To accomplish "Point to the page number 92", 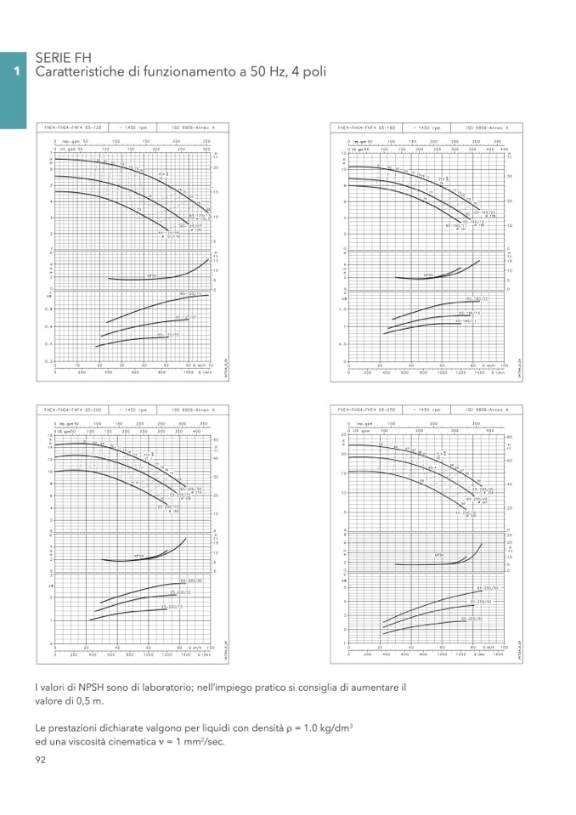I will click(x=41, y=759).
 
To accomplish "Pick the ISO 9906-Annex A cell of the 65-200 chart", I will click(x=188, y=410).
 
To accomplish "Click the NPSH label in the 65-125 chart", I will click(x=153, y=276).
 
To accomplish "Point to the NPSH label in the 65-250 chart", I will click(x=440, y=555).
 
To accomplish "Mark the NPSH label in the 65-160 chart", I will click(x=429, y=275).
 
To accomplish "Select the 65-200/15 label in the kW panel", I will click(x=172, y=608).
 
